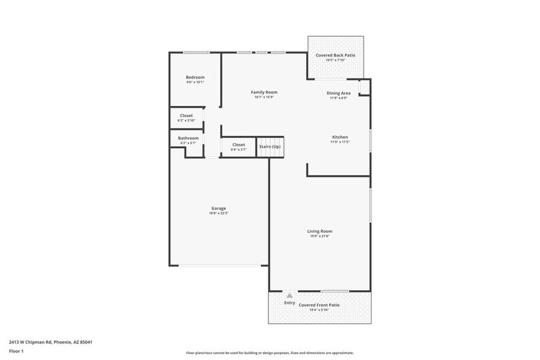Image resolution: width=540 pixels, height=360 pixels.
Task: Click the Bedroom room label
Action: pos(195,77)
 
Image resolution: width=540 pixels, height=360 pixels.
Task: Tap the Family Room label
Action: pos(264,92)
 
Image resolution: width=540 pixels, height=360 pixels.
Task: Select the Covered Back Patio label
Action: pos(335,55)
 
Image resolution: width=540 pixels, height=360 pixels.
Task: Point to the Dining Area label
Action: pos(338,93)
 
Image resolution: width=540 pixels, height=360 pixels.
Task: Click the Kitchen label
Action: pos(340,137)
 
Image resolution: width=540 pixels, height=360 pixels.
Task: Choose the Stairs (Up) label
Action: pos(269,147)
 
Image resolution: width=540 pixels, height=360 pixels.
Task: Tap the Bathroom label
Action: pos(189,138)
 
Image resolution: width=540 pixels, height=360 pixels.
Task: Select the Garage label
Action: pos(219,208)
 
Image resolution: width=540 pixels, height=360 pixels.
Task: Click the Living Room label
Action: pos(320,231)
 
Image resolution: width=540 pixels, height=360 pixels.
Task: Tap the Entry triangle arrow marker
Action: pos(290,296)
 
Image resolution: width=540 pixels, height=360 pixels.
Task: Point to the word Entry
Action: pos(290,302)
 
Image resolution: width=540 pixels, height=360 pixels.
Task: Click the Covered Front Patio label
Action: pos(319,305)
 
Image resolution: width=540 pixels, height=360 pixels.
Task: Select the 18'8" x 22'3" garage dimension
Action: pos(219,213)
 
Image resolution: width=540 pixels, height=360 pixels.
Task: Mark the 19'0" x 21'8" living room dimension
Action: pos(320,236)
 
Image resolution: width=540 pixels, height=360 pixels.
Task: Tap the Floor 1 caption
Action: pos(16,351)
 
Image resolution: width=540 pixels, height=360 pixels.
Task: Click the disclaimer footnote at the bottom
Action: pos(269,353)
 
